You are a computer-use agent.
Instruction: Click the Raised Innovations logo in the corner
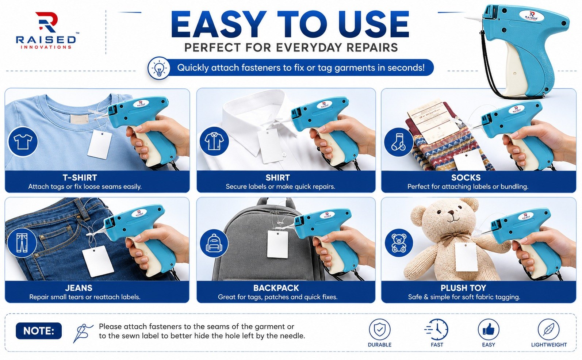[46, 30]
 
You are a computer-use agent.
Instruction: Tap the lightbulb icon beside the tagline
[159, 68]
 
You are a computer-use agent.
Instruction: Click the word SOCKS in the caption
[466, 178]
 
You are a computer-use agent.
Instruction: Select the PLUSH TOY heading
[463, 288]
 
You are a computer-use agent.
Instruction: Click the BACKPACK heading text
[276, 288]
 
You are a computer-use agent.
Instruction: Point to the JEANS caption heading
[79, 288]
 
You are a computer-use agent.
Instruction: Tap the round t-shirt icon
[23, 142]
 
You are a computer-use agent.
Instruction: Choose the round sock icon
[398, 142]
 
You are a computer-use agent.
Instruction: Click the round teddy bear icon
[399, 243]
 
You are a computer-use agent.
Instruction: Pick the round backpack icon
[214, 243]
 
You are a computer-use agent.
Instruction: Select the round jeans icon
[22, 242]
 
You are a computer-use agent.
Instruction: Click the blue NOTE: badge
[39, 331]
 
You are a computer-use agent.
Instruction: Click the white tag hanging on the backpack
[277, 244]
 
